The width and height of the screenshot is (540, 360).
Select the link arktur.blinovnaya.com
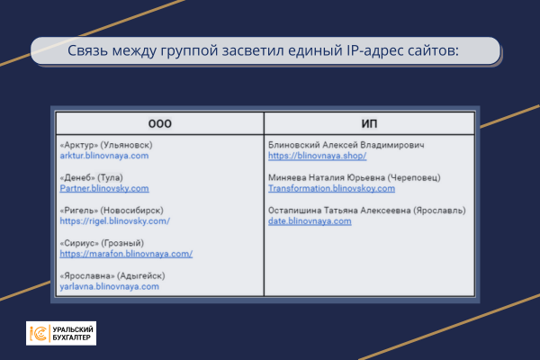coord(103,156)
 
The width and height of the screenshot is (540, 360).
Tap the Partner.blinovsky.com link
coord(103,188)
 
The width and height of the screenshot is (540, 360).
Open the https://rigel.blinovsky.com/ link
coord(114,220)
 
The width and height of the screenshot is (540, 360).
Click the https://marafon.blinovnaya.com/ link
coord(126,254)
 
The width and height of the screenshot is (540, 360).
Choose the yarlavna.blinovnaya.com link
coord(109,286)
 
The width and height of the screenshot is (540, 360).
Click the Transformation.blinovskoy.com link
coord(331,188)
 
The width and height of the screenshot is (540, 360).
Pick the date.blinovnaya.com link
coord(310,220)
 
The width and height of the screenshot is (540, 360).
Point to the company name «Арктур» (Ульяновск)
coord(106,145)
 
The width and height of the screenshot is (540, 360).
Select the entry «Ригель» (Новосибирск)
coord(111,210)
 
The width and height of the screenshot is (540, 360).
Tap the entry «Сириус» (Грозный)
coord(100,243)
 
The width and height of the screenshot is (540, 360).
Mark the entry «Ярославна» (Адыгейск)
coord(112,275)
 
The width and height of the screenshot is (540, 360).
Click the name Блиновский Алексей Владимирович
coord(346,145)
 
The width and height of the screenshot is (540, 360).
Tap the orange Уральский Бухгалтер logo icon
coord(39,333)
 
